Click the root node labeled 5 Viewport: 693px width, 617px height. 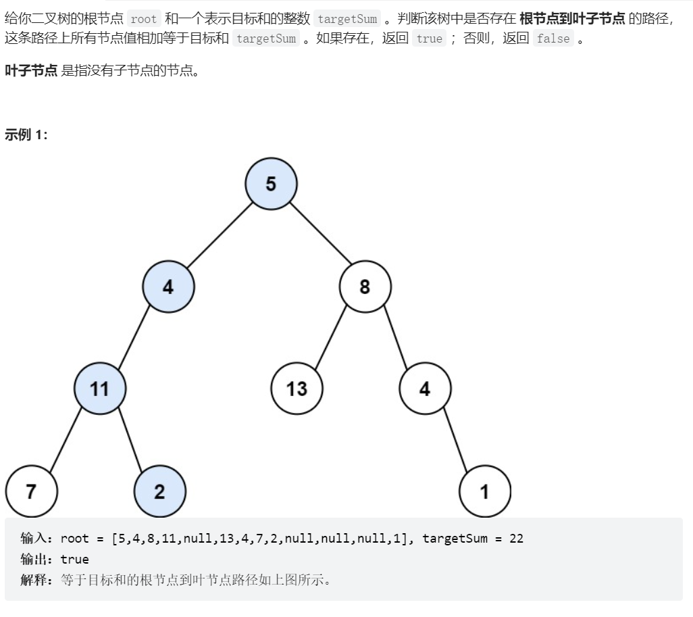(x=271, y=184)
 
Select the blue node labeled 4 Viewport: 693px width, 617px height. (x=168, y=287)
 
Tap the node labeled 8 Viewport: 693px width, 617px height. (x=365, y=287)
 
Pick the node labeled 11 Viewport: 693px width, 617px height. (x=100, y=389)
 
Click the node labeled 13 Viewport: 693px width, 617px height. (x=297, y=389)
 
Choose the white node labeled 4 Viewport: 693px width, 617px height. (x=425, y=389)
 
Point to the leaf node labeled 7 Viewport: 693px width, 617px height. (x=31, y=491)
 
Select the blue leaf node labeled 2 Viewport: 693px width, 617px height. (x=159, y=491)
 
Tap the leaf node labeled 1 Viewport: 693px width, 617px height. (x=485, y=491)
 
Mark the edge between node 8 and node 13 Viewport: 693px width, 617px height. (x=330, y=337)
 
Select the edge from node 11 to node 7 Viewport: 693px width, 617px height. (x=66, y=440)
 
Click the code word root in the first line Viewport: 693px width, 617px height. (x=144, y=19)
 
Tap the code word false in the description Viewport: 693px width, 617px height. (x=553, y=39)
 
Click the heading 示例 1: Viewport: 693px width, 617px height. (x=26, y=134)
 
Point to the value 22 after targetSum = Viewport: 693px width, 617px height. (x=516, y=539)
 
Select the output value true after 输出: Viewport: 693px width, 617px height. (x=75, y=559)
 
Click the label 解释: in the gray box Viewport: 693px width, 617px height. (x=36, y=579)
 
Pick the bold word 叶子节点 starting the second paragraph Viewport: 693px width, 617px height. (x=31, y=70)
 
